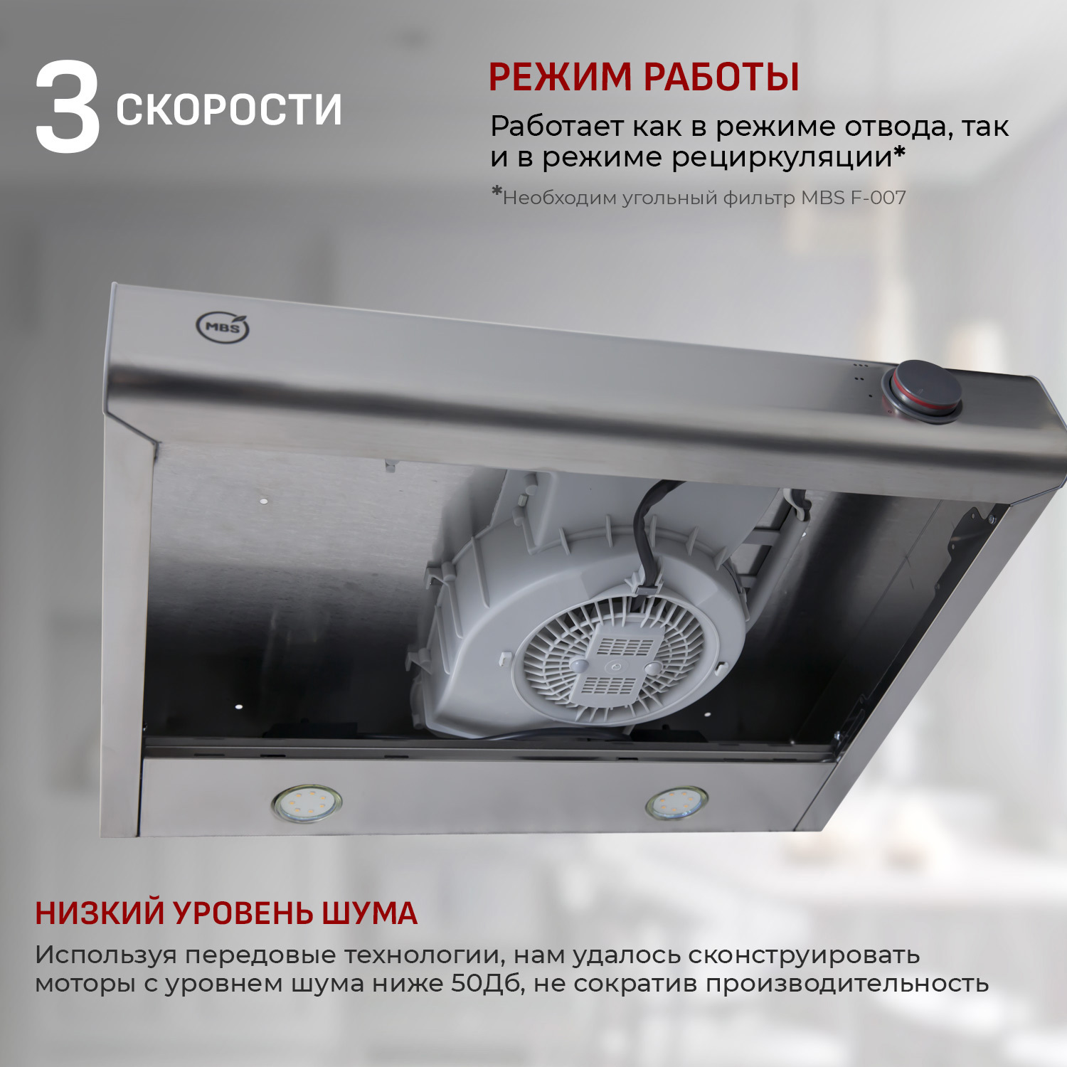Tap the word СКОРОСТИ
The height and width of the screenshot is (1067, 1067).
[228, 110]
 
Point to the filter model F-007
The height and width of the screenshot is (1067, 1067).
[878, 198]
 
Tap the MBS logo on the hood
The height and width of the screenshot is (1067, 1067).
[223, 327]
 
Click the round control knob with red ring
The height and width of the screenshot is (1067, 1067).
[923, 392]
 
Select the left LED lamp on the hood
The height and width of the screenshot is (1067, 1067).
[307, 803]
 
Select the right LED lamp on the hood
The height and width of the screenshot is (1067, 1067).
[676, 803]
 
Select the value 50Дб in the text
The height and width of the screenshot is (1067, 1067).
[487, 984]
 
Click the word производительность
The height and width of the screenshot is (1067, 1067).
[846, 984]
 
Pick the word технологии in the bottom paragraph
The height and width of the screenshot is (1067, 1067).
[425, 955]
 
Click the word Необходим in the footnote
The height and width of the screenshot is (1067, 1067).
[559, 198]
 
